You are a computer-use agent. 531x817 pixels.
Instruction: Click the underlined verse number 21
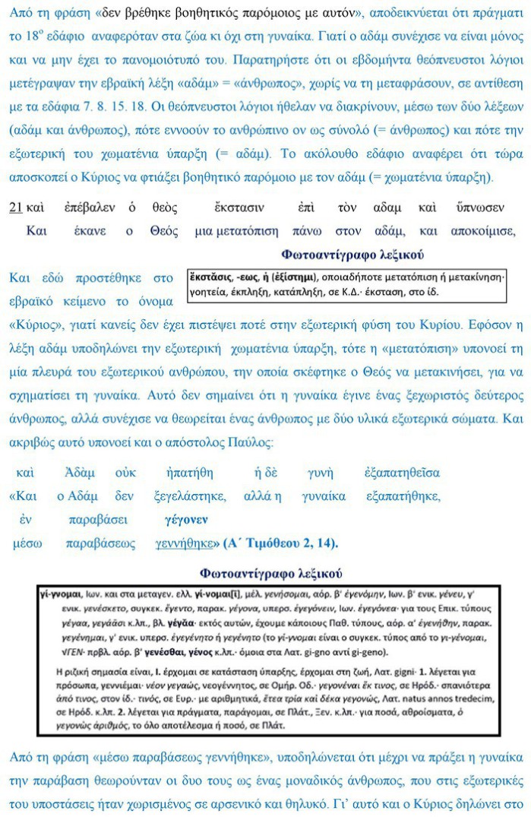point(16,207)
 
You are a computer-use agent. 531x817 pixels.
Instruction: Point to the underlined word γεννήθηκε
point(182,544)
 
